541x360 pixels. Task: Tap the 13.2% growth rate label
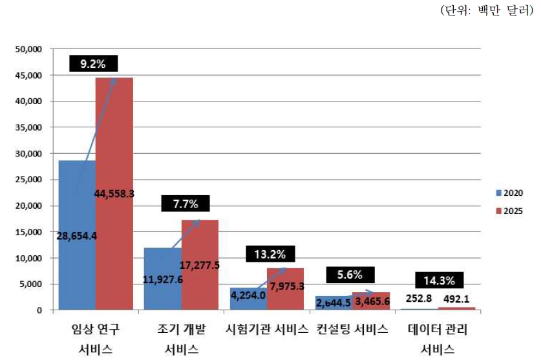click(x=270, y=253)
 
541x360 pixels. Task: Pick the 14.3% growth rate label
click(x=438, y=281)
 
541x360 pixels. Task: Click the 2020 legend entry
click(x=509, y=193)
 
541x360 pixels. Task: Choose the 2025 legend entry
click(x=509, y=210)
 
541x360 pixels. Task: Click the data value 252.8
click(x=420, y=300)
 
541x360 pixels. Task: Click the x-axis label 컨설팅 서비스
click(x=352, y=330)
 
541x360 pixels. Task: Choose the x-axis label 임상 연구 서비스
click(x=96, y=339)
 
